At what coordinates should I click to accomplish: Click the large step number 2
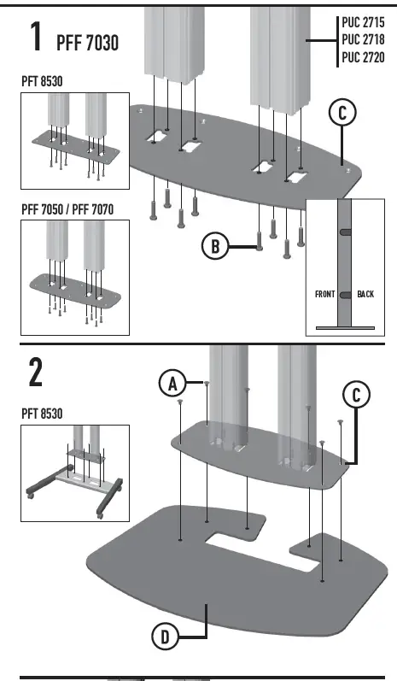coord(36,373)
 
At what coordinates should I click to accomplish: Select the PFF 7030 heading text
coord(89,43)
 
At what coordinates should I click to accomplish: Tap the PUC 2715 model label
coord(363,24)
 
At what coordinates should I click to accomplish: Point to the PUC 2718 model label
coord(363,40)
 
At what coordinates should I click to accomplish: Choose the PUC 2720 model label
coord(363,57)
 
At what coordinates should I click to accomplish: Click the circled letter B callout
coord(214,246)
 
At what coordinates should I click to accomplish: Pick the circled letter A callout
coord(173,385)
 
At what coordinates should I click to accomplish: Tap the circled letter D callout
coord(166,637)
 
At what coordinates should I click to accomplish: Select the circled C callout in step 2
coord(358,395)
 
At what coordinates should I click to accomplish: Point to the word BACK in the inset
coord(365,294)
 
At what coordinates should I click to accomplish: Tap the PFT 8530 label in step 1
coord(45,81)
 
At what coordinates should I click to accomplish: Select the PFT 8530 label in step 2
coord(45,414)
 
